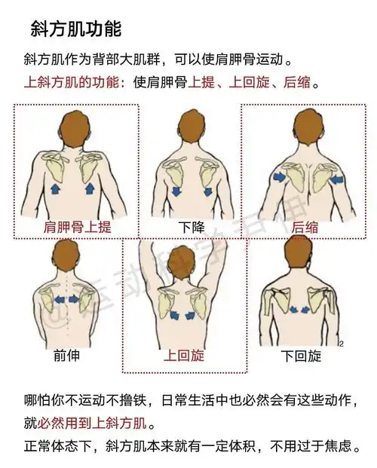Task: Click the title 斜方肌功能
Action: tap(75, 29)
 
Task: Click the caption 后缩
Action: tap(304, 225)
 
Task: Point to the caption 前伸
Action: tap(66, 355)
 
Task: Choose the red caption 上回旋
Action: tap(185, 355)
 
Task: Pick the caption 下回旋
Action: tap(301, 355)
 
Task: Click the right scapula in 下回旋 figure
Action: tap(322, 301)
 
